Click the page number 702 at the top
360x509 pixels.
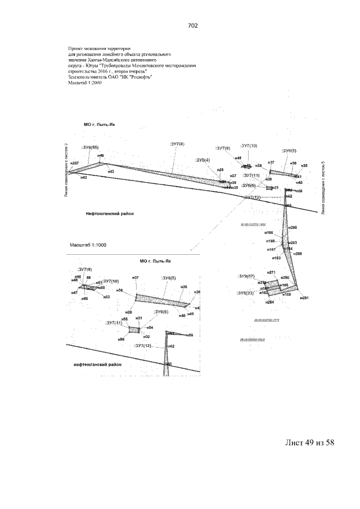[x=191, y=26]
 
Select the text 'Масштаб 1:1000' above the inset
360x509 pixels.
[x=88, y=246]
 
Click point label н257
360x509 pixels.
[x=75, y=163]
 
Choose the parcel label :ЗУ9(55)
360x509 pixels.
[x=90, y=147]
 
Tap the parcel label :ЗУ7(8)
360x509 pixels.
[x=177, y=145]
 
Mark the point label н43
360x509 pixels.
[x=111, y=172]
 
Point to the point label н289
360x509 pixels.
[x=298, y=254]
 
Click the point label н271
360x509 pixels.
[x=272, y=273]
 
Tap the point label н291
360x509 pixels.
[x=304, y=298]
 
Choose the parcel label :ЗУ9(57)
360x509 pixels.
[x=246, y=276]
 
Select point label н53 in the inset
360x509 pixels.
[x=106, y=296]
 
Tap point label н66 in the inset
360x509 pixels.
[x=121, y=340]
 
